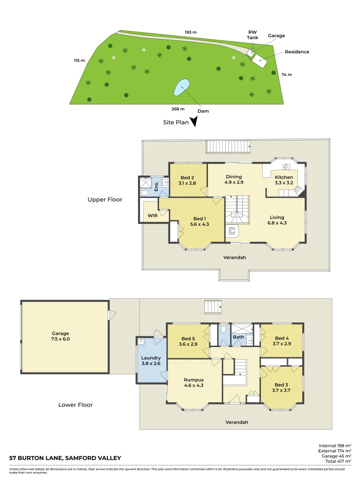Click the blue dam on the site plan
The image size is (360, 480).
[181, 88]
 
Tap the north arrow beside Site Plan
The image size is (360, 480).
[194, 122]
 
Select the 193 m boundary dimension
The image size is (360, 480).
[191, 32]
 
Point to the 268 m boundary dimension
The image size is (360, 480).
[177, 108]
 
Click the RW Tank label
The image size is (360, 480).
[252, 35]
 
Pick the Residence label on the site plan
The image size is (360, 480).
[297, 52]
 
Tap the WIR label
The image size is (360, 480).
[153, 216]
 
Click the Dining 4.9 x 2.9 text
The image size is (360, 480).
[233, 180]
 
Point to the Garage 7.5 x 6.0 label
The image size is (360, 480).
[60, 336]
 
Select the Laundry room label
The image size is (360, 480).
[151, 360]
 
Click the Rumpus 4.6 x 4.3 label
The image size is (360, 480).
[194, 383]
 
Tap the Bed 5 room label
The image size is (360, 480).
[188, 341]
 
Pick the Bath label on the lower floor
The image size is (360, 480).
[238, 337]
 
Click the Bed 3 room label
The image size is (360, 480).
[281, 388]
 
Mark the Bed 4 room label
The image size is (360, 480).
[282, 341]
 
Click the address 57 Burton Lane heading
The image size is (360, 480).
[65, 458]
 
